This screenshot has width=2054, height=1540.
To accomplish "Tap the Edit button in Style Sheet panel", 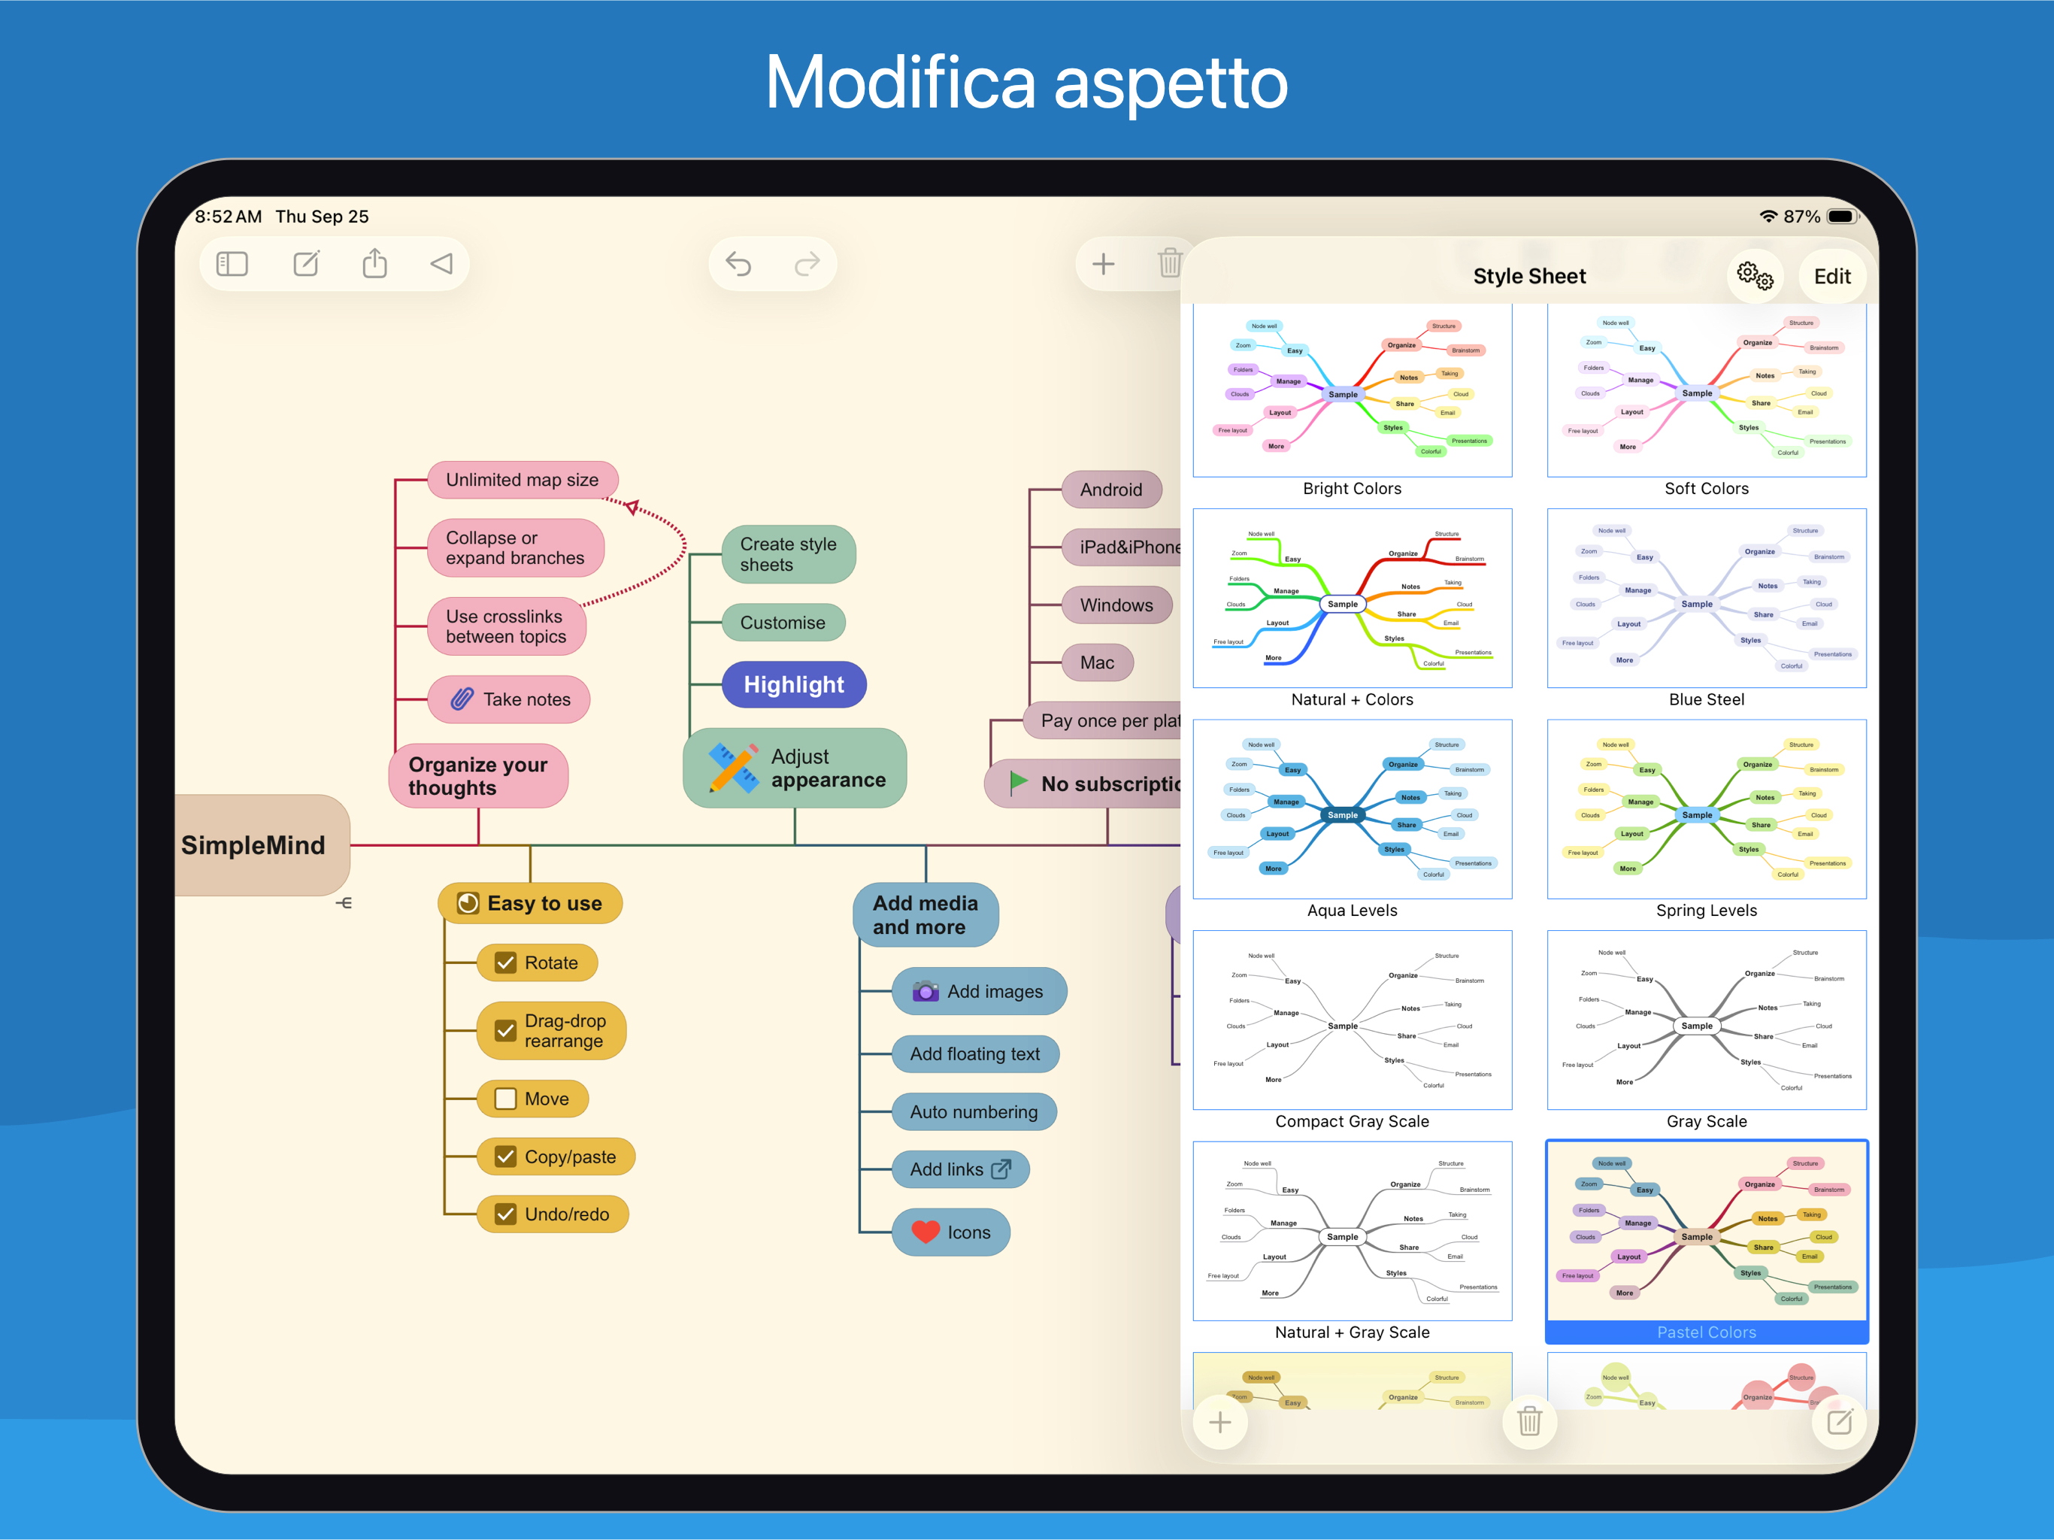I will [1831, 277].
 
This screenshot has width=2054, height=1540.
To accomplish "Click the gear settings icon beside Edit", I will [1754, 276].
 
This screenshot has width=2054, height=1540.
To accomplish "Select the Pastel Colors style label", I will [1706, 1332].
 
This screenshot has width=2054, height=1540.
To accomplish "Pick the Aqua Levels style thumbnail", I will [1352, 809].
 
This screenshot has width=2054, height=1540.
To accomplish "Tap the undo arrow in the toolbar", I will [738, 265].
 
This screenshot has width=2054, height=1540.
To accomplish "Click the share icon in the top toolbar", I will [374, 264].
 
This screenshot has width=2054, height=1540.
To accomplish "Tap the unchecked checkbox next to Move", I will [505, 1099].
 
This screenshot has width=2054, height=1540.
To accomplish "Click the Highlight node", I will [794, 684].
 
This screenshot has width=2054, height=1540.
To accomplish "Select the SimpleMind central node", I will [253, 845].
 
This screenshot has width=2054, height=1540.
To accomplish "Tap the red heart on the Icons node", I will [926, 1232].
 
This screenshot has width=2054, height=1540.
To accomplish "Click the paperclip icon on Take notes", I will [462, 699].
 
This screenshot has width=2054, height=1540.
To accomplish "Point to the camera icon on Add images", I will [925, 991].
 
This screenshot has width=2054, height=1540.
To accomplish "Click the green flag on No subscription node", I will [1019, 782].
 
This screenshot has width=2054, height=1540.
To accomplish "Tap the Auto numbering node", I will [973, 1112].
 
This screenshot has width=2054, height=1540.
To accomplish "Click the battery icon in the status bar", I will [1840, 217].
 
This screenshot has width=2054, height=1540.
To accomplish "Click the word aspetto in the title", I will [1170, 83].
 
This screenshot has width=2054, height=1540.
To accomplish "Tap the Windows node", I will [1115, 605].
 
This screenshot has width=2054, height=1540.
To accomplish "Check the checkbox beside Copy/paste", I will [505, 1157].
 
